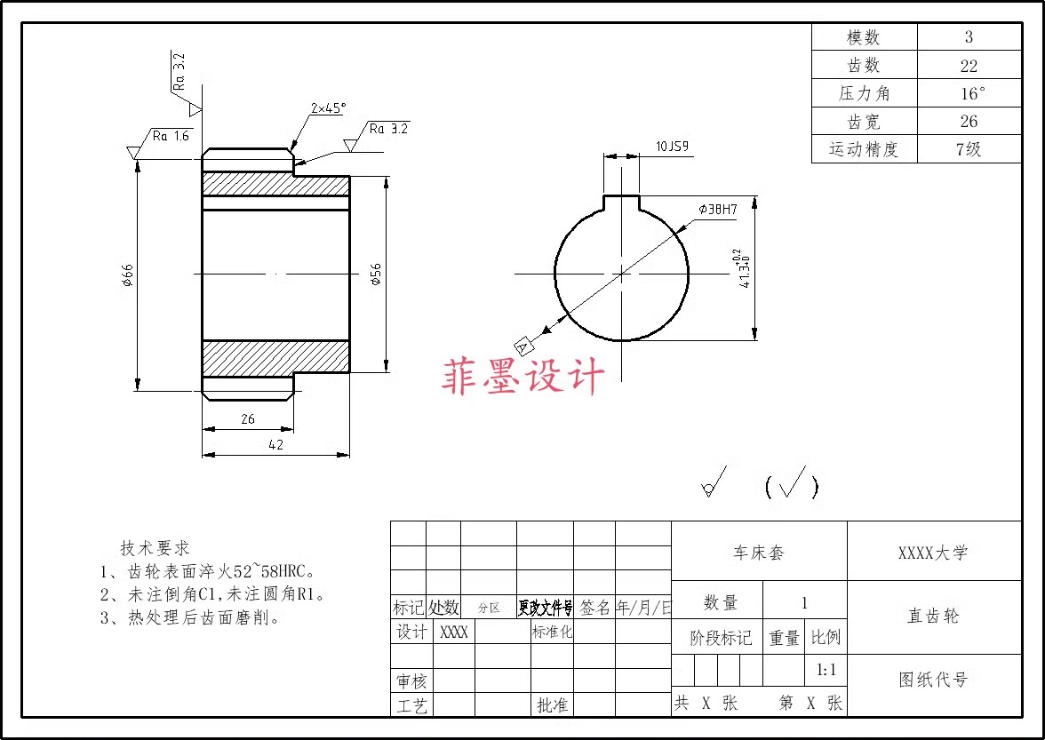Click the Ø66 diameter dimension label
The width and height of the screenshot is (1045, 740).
[x=127, y=276]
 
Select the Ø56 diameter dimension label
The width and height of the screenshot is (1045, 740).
[x=376, y=274]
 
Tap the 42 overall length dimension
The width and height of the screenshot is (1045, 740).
[x=275, y=445]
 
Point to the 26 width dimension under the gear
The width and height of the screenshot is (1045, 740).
[x=247, y=418]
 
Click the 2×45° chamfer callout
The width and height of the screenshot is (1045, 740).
[x=328, y=107]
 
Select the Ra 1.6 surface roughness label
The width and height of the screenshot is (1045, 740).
[x=171, y=136]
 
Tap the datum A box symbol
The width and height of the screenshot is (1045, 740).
[x=522, y=345]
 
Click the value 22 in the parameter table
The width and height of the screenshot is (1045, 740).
[x=969, y=66]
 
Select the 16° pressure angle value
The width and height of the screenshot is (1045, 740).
[x=972, y=93]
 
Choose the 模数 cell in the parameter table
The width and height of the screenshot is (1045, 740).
[x=863, y=37]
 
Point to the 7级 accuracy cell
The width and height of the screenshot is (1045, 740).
[x=969, y=149]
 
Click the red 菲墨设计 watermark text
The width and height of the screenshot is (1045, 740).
[x=523, y=377]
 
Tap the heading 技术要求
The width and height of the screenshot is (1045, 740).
[x=156, y=548]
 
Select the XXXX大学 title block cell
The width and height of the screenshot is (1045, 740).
[x=933, y=553]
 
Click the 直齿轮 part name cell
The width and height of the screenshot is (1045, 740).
[x=933, y=616]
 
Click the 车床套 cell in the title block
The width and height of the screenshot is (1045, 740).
[x=758, y=553]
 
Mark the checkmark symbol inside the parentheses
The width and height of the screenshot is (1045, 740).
[x=791, y=483]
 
